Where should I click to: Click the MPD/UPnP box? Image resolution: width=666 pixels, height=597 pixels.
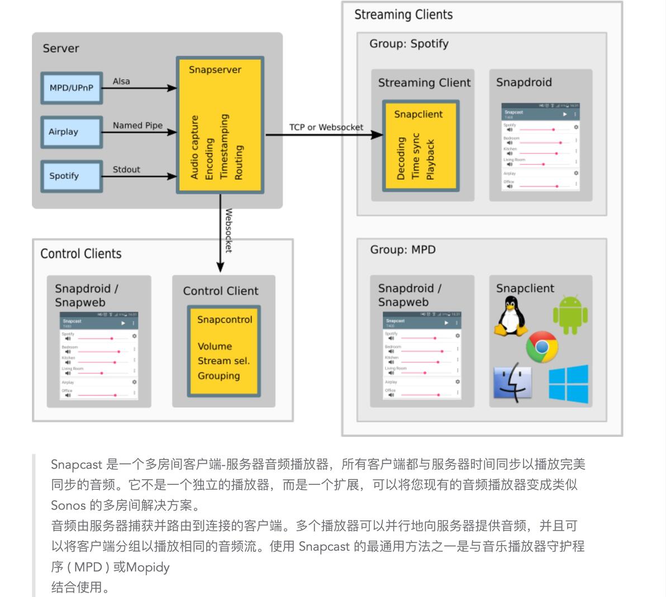point(72,88)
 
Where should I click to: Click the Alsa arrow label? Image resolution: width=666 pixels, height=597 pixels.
point(121,81)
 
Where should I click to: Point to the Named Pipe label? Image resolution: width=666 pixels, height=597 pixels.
point(137,126)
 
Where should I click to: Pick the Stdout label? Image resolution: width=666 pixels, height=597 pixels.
point(126,170)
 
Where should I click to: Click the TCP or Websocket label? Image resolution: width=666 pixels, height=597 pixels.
point(326,127)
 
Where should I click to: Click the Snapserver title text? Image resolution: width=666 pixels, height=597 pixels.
point(215,70)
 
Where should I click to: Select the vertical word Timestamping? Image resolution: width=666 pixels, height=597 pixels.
point(224,147)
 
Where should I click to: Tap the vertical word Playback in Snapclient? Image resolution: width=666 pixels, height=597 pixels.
point(430,160)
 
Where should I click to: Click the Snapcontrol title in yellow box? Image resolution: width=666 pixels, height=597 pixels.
point(225,320)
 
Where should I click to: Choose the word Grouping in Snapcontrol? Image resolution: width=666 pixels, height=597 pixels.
point(218,375)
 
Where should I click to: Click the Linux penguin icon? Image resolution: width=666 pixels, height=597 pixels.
point(511,316)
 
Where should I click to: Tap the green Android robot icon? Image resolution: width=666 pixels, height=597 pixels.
point(570,315)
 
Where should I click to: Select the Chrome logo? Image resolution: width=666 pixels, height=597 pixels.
point(542,347)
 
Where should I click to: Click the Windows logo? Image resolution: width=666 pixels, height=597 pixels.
point(568,384)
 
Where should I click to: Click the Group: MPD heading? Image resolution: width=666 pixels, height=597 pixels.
point(402,249)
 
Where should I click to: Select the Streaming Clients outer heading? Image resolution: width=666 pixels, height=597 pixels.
point(403,15)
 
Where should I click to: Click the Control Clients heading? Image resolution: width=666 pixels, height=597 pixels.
point(81,254)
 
